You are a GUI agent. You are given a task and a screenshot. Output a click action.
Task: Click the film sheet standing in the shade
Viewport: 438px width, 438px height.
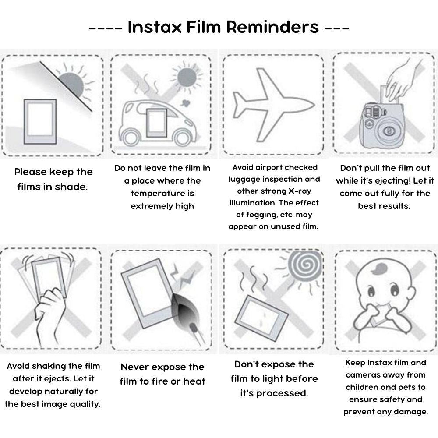point(40,120)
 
